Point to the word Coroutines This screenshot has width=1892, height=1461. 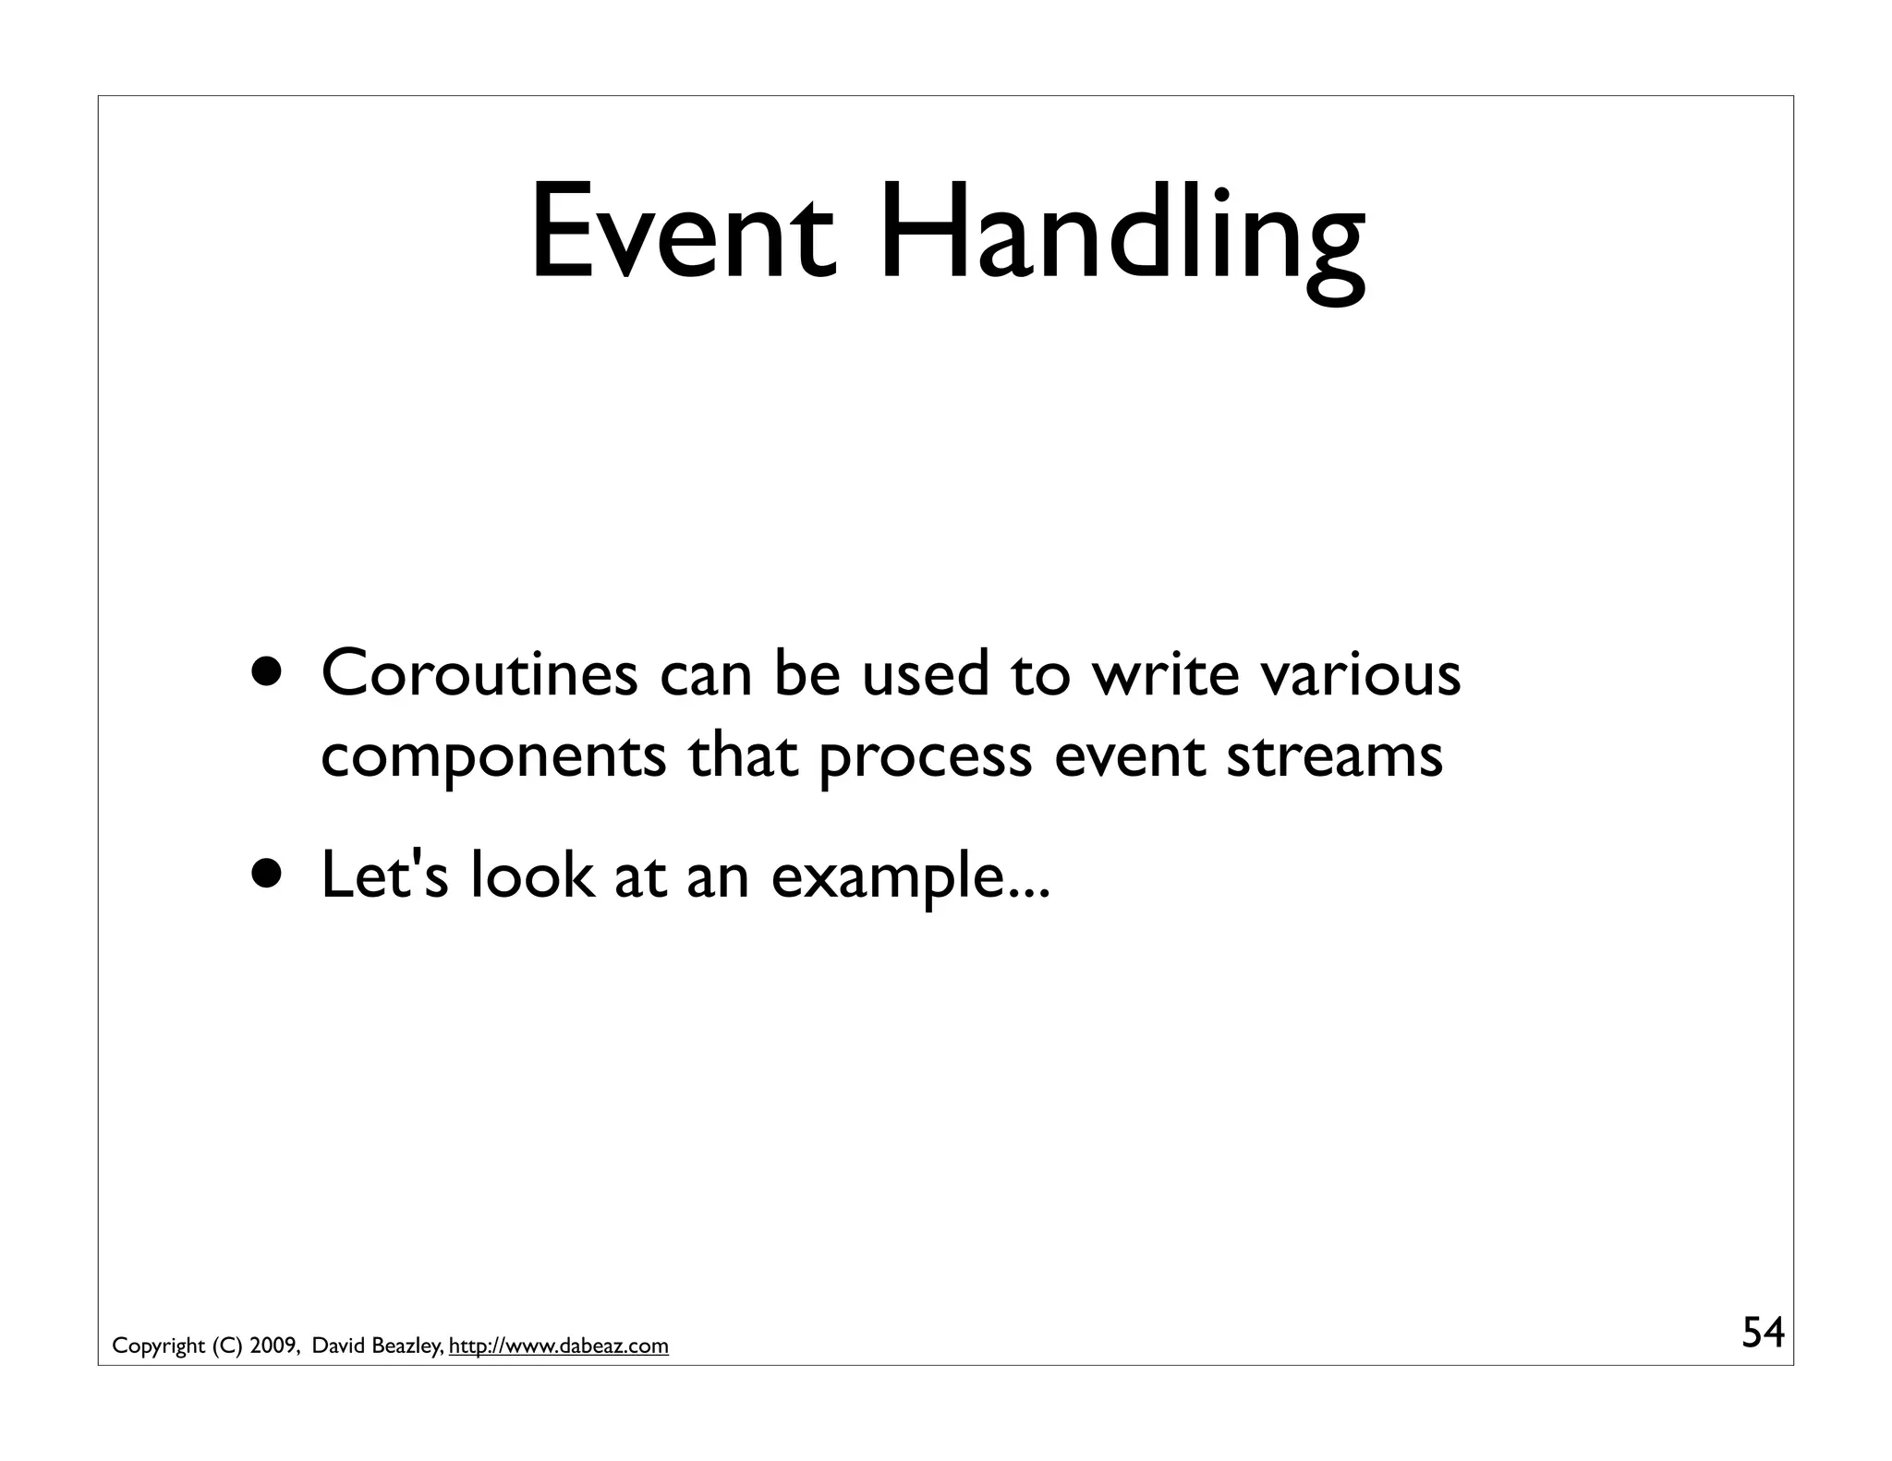pyautogui.click(x=479, y=673)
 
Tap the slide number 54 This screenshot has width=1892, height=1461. pyautogui.click(x=1763, y=1333)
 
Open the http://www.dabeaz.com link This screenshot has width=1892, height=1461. pyautogui.click(x=559, y=1346)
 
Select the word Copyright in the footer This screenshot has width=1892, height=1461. pyautogui.click(x=158, y=1346)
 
